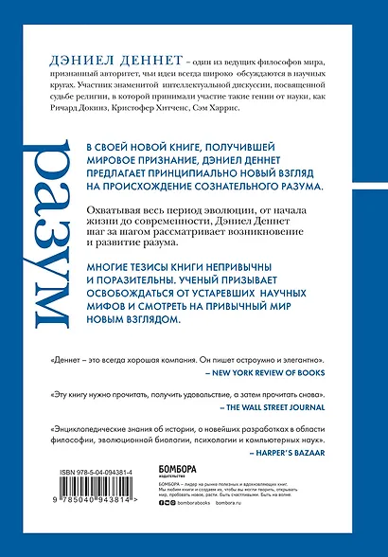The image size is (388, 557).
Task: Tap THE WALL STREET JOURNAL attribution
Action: (291, 414)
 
